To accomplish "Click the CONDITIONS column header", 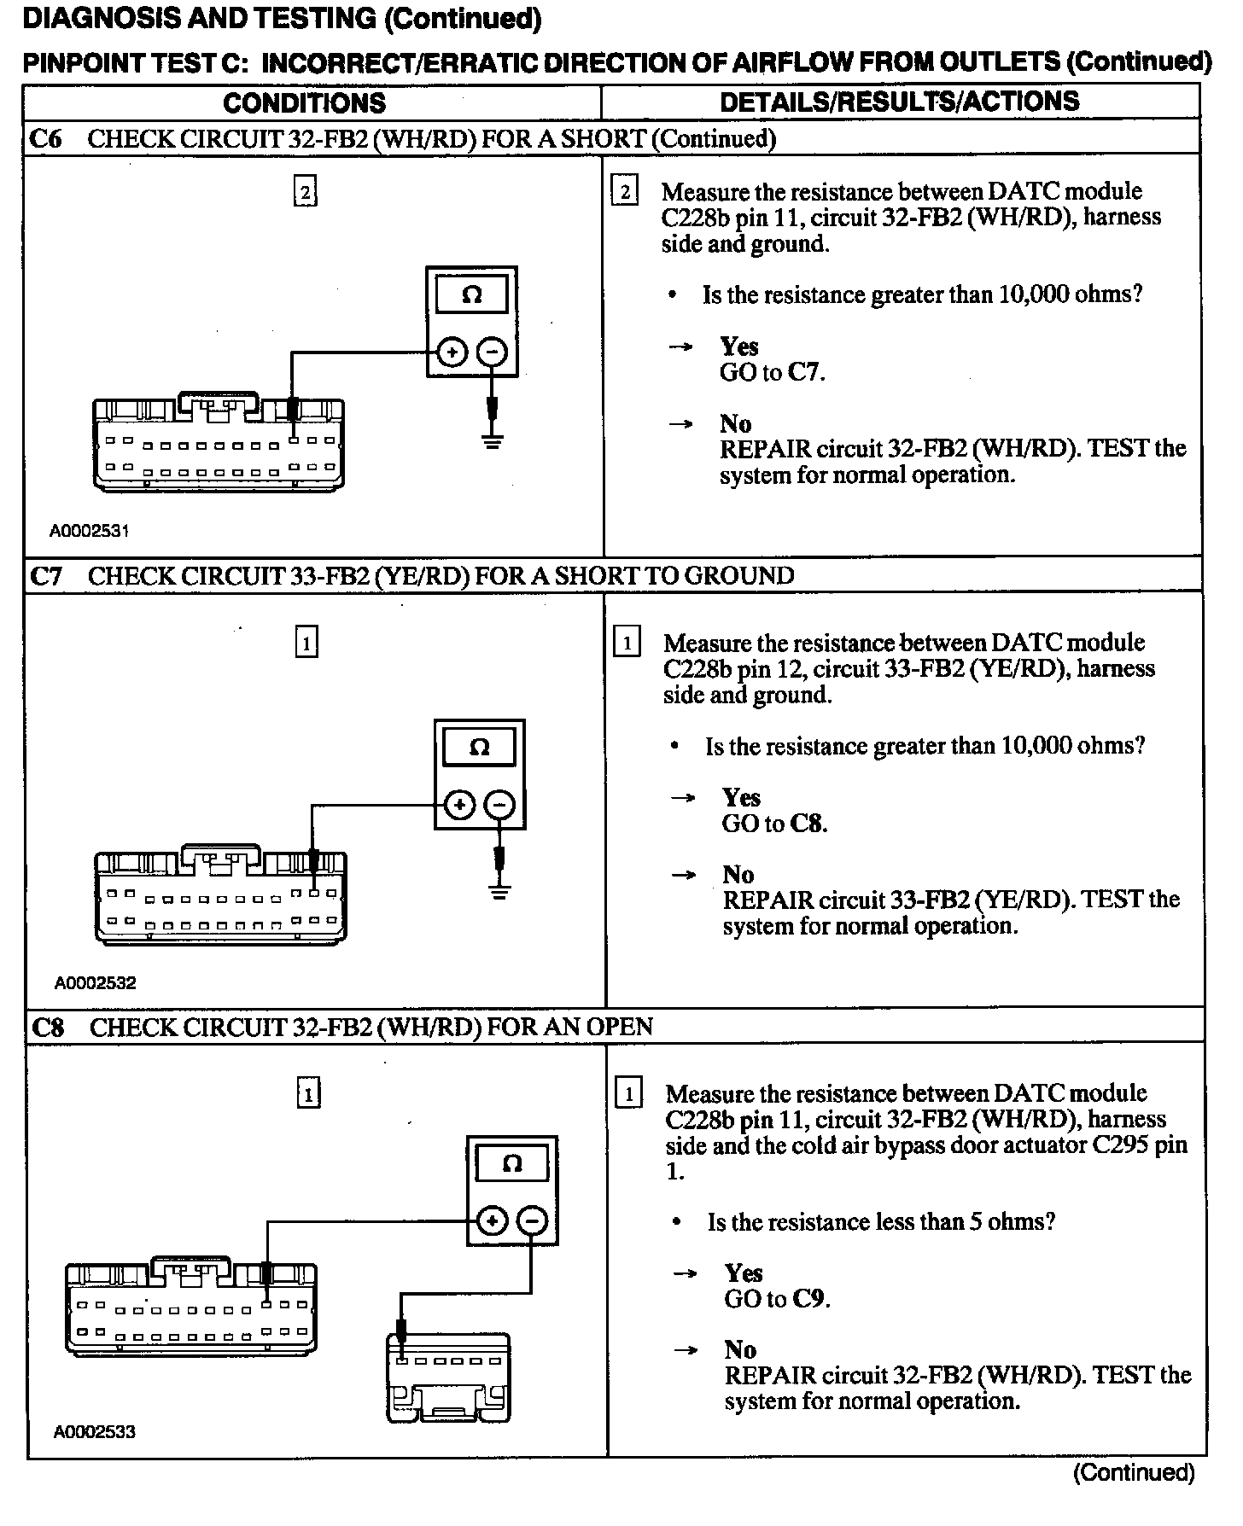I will tap(304, 103).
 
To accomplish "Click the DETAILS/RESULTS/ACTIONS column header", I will tap(899, 102).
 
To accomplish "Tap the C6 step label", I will tap(45, 138).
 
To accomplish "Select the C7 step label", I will tap(46, 576).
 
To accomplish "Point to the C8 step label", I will tap(48, 1027).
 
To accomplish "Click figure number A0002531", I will tap(89, 531).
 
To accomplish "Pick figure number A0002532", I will tap(95, 983).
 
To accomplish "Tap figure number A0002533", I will tap(94, 1432).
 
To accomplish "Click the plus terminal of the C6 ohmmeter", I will tap(452, 352).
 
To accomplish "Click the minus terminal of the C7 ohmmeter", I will tap(499, 805).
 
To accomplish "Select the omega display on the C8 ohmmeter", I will tap(511, 1163).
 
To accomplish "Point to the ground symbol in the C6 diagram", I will tap(492, 441).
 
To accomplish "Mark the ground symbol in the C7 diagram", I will tap(499, 893).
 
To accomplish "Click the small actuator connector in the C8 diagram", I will tap(447, 1377).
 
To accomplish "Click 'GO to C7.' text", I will tap(772, 372).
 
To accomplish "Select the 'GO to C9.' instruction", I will tap(777, 1299).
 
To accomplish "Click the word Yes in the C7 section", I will tap(740, 797).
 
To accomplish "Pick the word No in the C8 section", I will tap(740, 1349).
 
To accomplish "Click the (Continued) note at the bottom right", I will tap(1134, 1472).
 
